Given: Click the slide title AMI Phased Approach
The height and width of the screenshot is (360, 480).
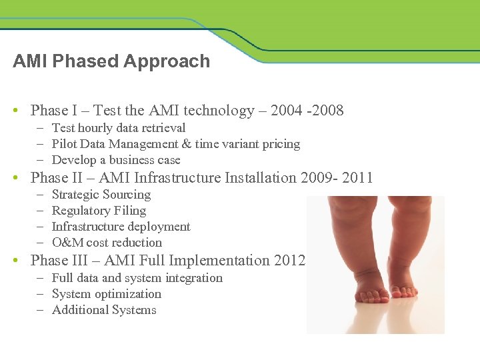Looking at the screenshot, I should click(111, 61).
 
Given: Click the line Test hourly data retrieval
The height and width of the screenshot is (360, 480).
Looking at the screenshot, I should click(119, 128).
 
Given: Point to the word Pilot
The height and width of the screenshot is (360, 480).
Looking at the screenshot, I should click(65, 144).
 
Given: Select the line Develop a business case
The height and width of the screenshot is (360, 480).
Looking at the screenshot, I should click(116, 160).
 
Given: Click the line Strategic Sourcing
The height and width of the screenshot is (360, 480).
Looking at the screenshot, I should click(101, 195).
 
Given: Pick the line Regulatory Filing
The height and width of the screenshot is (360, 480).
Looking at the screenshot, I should click(99, 211).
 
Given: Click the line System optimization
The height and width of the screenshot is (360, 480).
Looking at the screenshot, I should click(107, 294).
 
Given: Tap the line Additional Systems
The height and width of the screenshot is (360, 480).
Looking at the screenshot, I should click(104, 310).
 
